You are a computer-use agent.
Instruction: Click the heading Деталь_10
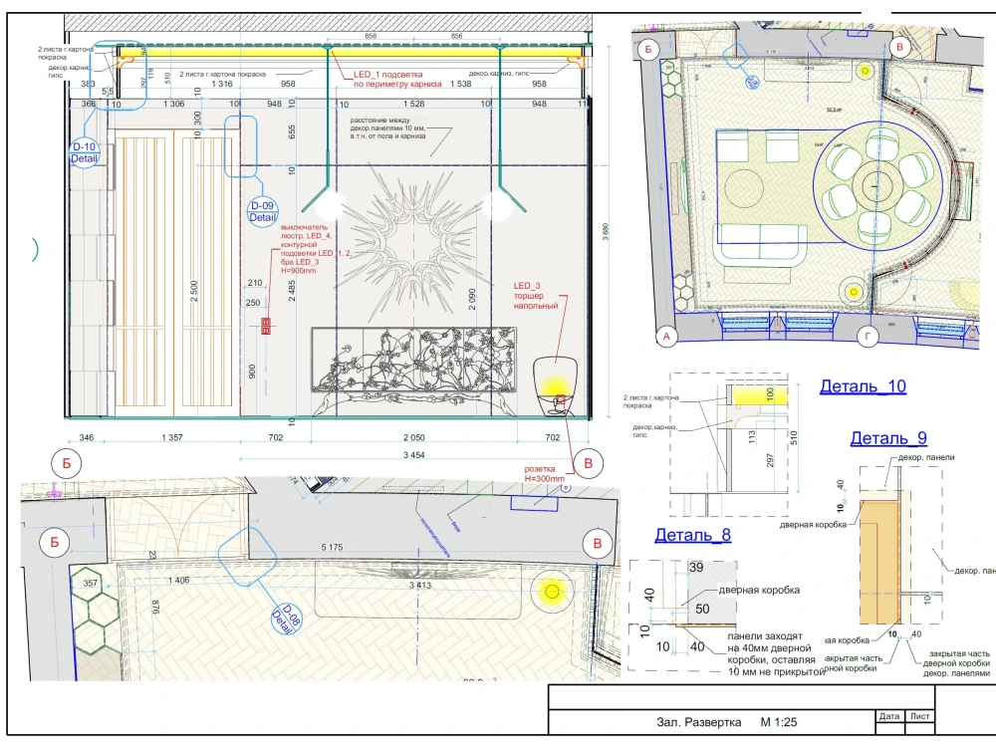click(x=863, y=387)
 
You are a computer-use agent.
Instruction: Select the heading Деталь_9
click(x=888, y=438)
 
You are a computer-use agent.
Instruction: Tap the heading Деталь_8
click(x=692, y=535)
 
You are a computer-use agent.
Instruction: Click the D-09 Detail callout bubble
click(x=262, y=211)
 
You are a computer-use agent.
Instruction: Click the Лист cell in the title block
click(x=920, y=715)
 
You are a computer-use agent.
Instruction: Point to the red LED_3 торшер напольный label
click(x=537, y=296)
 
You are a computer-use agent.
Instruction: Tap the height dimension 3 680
click(x=606, y=233)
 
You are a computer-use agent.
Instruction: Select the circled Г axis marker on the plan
click(x=869, y=338)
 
